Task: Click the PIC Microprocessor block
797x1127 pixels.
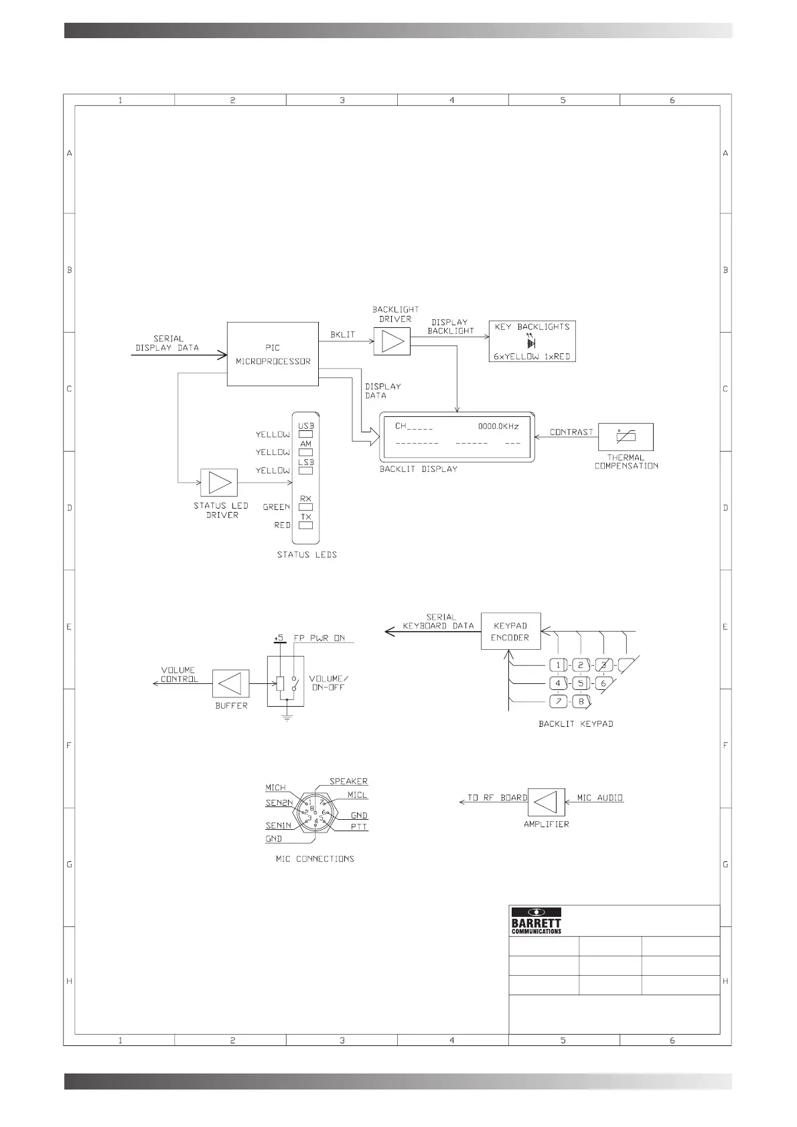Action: pyautogui.click(x=273, y=354)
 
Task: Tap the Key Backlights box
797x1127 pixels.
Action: pyautogui.click(x=532, y=341)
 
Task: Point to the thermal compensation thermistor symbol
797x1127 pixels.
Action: pyautogui.click(x=625, y=437)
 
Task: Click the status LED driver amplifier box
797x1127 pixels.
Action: pyautogui.click(x=219, y=483)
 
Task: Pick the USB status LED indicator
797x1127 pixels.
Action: pyautogui.click(x=305, y=434)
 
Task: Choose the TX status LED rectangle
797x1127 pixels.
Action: pyautogui.click(x=305, y=525)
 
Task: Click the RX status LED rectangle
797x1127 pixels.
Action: pyautogui.click(x=305, y=507)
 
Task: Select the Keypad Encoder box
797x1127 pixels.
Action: pyautogui.click(x=510, y=631)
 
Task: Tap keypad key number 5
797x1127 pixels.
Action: pyautogui.click(x=581, y=683)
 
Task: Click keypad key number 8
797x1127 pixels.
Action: pyautogui.click(x=581, y=701)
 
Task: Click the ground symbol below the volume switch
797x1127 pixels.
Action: pyautogui.click(x=287, y=717)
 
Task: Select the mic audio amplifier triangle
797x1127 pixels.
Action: pyautogui.click(x=546, y=802)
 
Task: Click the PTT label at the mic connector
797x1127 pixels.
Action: pyautogui.click(x=359, y=827)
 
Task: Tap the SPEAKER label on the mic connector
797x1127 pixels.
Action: pyautogui.click(x=348, y=781)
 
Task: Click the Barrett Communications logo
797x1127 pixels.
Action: pyautogui.click(x=536, y=921)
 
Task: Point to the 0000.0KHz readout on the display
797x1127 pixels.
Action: pyautogui.click(x=498, y=426)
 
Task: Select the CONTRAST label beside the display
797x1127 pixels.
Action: pyautogui.click(x=571, y=432)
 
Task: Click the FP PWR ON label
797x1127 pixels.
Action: pyautogui.click(x=319, y=638)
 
